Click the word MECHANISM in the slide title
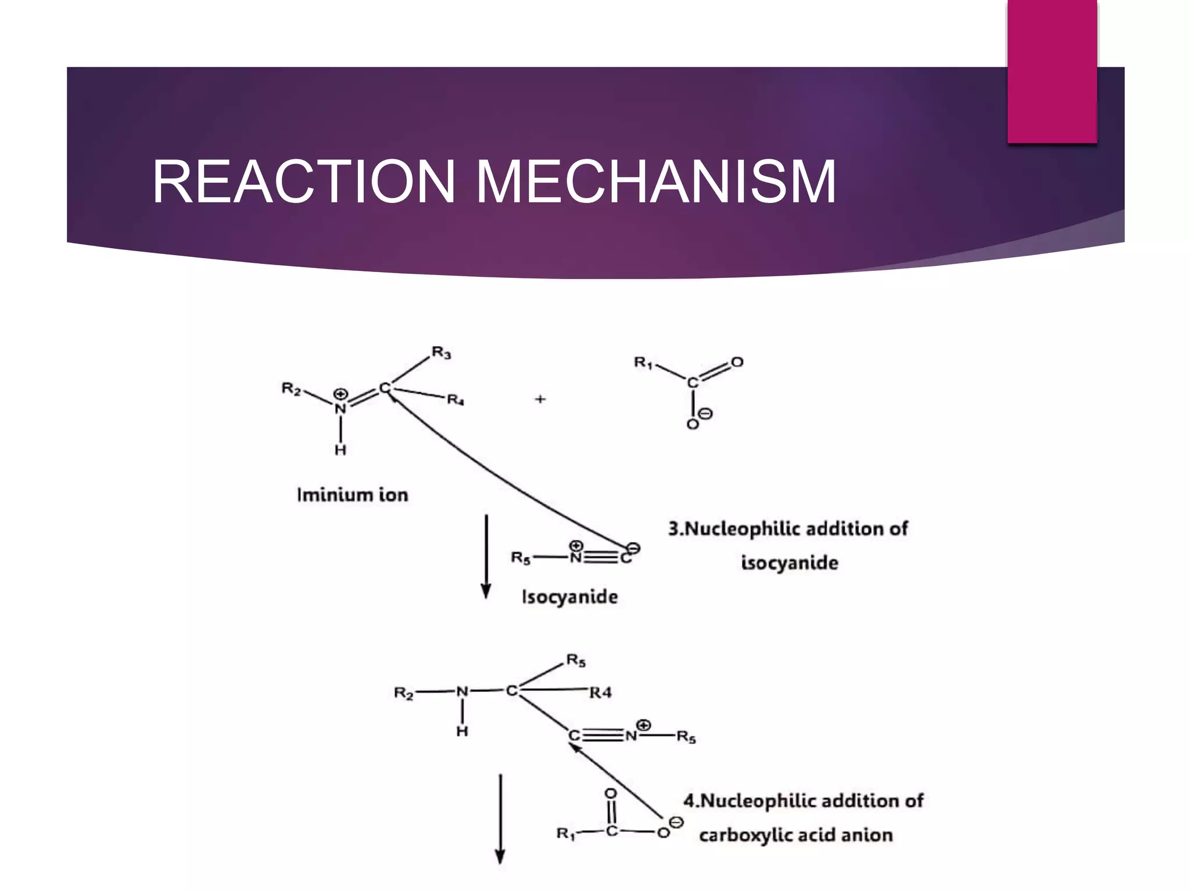tap(656, 182)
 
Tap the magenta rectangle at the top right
tap(1052, 71)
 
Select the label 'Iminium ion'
tap(353, 495)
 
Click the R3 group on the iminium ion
tap(441, 353)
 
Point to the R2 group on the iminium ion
tap(292, 388)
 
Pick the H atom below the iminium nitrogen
tap(340, 449)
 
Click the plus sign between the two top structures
tap(540, 399)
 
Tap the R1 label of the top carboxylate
tap(643, 363)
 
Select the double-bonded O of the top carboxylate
tap(737, 362)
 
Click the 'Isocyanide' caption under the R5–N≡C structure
tap(569, 597)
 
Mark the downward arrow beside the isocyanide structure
tap(486, 555)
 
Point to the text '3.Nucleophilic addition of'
tap(788, 528)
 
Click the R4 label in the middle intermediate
tap(600, 692)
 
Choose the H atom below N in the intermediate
tap(462, 731)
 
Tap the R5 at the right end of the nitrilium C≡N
tap(686, 738)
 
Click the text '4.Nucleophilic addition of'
tap(803, 801)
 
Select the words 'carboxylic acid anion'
tap(795, 835)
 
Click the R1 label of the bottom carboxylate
tap(565, 834)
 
